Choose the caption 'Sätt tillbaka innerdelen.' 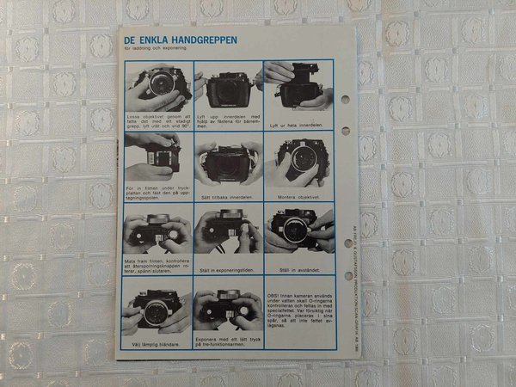(227, 196)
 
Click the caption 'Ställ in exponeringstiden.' (228, 271)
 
